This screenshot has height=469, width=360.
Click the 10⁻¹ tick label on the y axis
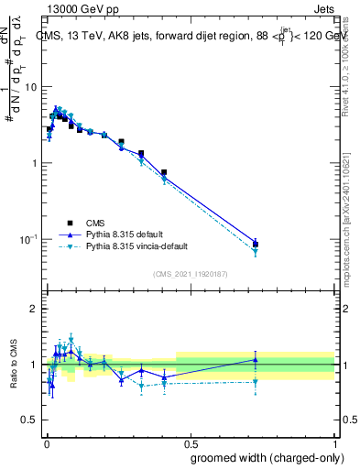point(28,239)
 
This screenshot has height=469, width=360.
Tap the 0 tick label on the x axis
point(45,442)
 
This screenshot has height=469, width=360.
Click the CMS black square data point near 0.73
point(256,244)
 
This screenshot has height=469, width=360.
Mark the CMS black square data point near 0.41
point(164,172)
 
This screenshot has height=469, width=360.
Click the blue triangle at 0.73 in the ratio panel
point(256,360)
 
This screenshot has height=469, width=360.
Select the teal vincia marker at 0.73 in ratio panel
point(256,382)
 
